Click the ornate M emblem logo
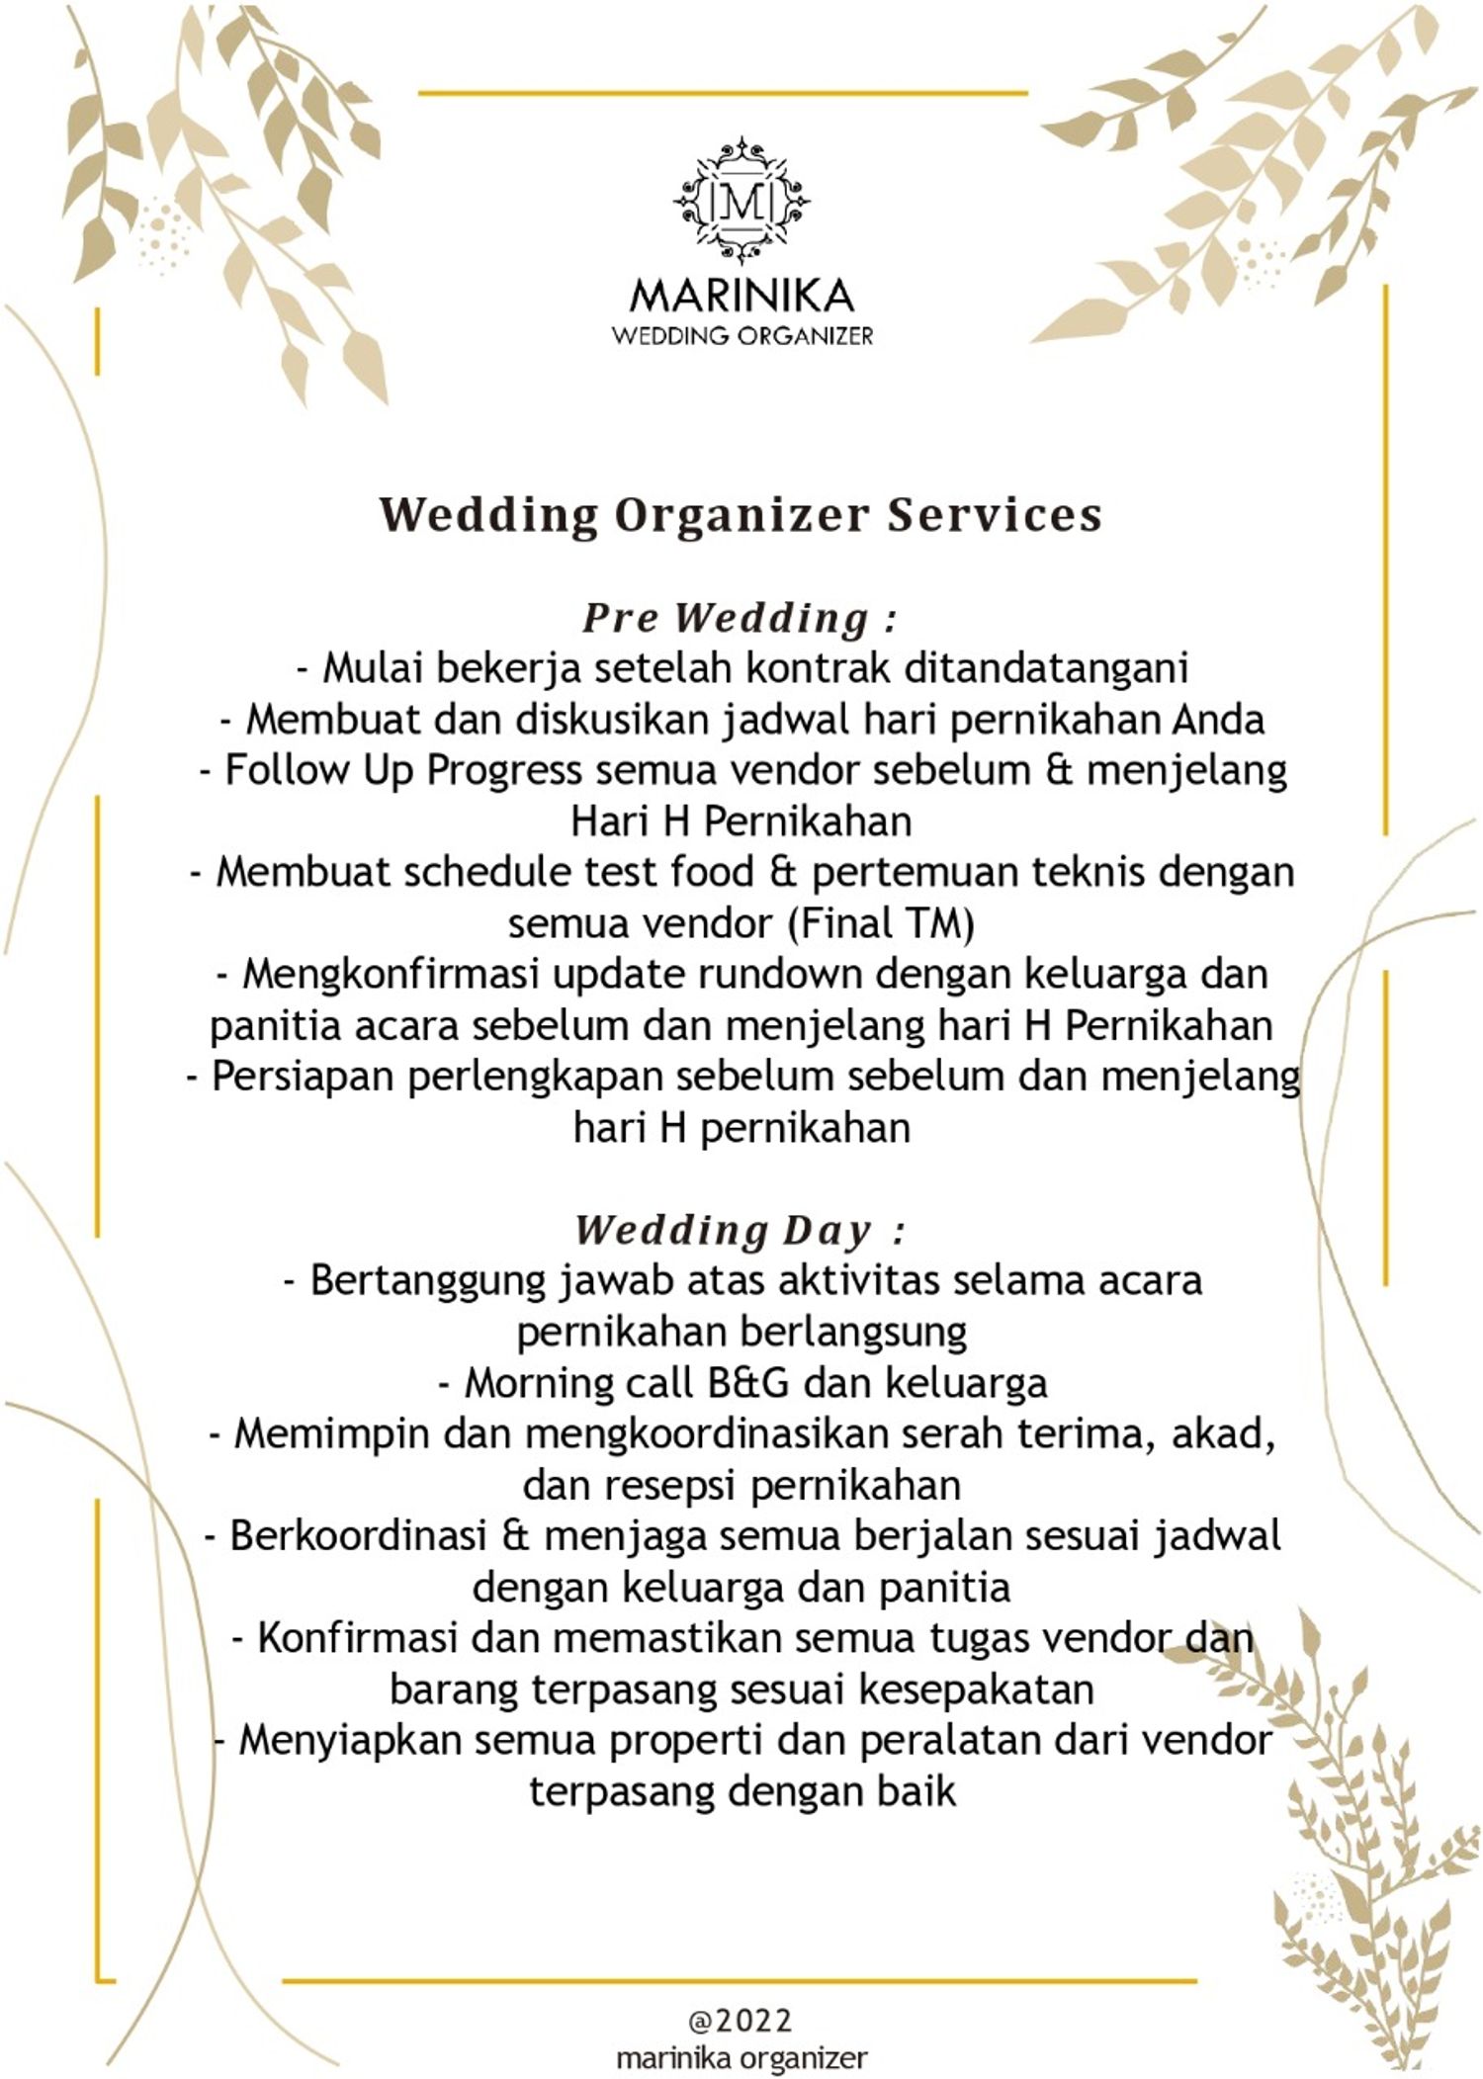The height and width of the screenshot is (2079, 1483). [x=741, y=202]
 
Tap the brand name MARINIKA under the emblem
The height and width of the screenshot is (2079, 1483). [x=741, y=295]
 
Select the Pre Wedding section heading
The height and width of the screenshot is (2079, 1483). [x=740, y=618]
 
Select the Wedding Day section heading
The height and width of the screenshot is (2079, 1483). [x=740, y=1231]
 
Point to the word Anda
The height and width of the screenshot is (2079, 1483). [x=1218, y=720]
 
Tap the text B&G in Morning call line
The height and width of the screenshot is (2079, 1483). [x=749, y=1383]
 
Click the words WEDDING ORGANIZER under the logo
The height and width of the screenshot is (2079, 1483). [x=741, y=336]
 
